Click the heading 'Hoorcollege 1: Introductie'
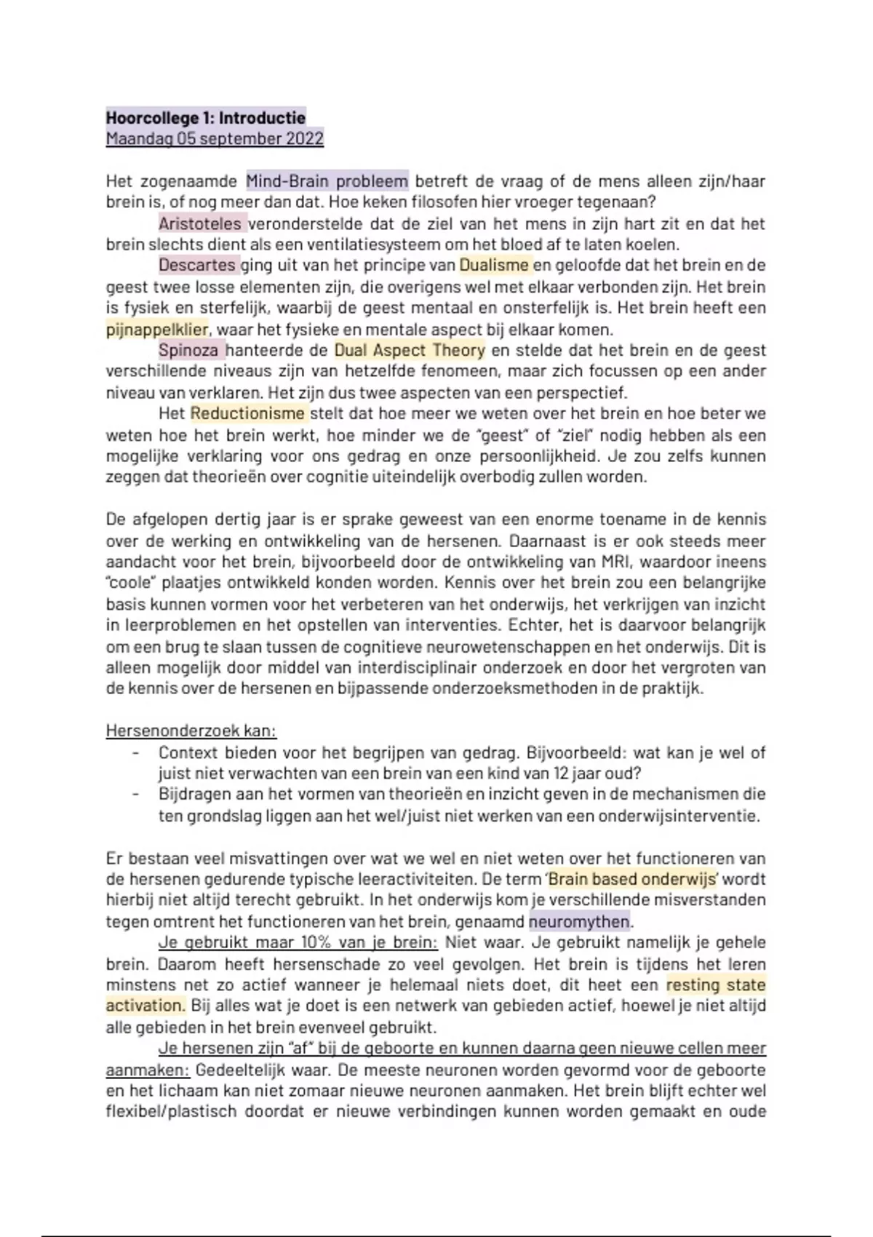(x=206, y=118)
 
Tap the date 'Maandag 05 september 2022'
(x=215, y=139)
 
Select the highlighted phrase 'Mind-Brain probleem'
(x=327, y=180)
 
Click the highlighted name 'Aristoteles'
(x=200, y=223)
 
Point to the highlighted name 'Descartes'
(x=197, y=265)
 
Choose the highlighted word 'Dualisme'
(x=494, y=265)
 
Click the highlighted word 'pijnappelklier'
(x=157, y=329)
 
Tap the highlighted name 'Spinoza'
(x=188, y=350)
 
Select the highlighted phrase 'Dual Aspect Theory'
(x=410, y=350)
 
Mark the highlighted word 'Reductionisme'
(x=247, y=414)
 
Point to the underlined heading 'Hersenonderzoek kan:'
(x=191, y=731)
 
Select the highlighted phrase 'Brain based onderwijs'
(x=632, y=879)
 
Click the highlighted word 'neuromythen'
(x=579, y=921)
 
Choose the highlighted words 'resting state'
(x=716, y=985)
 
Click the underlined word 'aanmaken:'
(x=148, y=1070)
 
